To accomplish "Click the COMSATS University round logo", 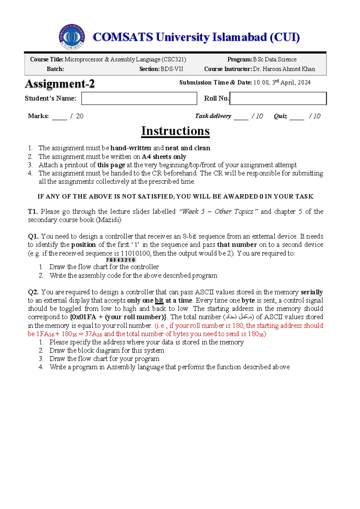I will coord(72,37).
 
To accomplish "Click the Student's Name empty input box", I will coord(139,98).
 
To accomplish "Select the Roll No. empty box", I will coord(278,98).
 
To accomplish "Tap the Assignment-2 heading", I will coord(60,84).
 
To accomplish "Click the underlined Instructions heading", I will coord(175,131).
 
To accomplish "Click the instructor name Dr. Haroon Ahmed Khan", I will coord(284,69).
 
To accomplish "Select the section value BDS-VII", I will coord(172,69).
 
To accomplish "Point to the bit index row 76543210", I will coord(121,260).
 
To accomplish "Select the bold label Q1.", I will coord(33,236).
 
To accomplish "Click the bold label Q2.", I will coord(33,292).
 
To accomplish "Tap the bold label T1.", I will coord(33,212).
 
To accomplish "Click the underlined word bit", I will coord(159,300).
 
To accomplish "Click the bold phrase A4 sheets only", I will coord(164,157).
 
